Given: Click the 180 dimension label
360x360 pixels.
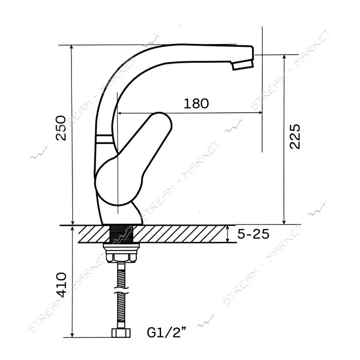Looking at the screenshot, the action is click(x=196, y=103).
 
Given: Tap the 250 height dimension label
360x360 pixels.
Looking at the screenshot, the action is click(x=61, y=128).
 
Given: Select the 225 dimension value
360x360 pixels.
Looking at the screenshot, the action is click(x=295, y=137).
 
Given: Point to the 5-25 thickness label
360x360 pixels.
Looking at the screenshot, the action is click(x=253, y=234).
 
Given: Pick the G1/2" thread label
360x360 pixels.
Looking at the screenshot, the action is click(x=167, y=332).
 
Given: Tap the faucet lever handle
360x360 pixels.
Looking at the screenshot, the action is click(x=133, y=158).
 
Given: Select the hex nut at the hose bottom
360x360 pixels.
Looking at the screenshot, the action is click(x=121, y=333).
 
